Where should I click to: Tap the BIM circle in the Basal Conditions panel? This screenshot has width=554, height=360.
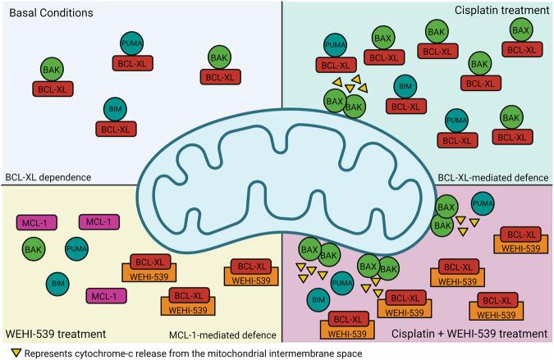pos(117,110)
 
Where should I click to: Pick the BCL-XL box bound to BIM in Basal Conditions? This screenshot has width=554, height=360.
pos(117,129)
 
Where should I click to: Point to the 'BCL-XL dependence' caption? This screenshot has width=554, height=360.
pos(48,177)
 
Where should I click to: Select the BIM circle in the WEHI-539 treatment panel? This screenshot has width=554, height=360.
pos(56,283)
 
